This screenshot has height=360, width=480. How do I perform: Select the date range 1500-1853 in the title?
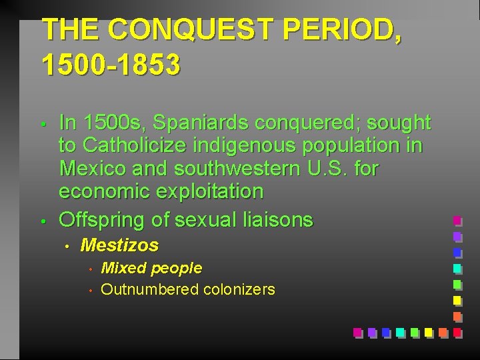pos(110,65)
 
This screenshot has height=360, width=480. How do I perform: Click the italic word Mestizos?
pos(119,245)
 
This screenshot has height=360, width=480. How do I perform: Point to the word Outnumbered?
pos(149,289)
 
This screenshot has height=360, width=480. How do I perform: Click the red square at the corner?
pos(457,331)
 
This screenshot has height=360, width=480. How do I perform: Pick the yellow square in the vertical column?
pos(457,300)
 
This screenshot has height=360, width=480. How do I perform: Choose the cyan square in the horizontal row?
pos(399,331)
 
